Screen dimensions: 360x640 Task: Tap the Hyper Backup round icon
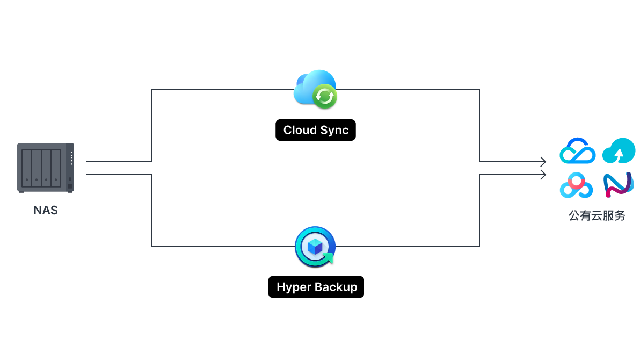tap(315, 247)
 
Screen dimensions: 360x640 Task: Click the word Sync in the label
tap(334, 130)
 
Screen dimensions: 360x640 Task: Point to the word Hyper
tap(293, 287)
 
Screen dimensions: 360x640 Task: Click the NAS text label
tap(46, 210)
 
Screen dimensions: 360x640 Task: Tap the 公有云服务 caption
tap(597, 216)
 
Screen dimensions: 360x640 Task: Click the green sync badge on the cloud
tap(324, 96)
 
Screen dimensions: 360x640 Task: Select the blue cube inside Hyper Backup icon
tap(315, 247)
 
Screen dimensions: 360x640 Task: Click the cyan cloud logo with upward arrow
tap(619, 151)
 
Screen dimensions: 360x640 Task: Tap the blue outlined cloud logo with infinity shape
tap(577, 151)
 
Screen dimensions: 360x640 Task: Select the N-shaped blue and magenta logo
tap(619, 185)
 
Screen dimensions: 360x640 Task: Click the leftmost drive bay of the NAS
tap(27, 168)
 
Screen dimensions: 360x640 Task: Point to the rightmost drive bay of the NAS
tap(56, 168)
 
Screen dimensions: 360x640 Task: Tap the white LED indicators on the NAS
tap(71, 158)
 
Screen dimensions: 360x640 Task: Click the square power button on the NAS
tap(70, 186)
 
